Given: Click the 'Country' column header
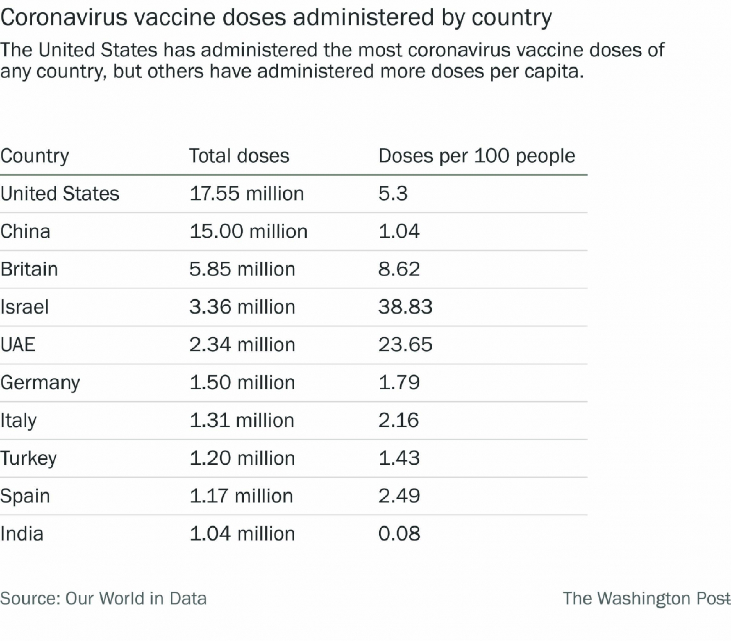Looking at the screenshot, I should click(x=34, y=156).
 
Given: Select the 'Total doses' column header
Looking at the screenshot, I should click(x=239, y=156).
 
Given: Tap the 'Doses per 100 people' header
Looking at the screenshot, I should click(x=477, y=156).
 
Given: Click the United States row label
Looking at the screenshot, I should click(x=60, y=193).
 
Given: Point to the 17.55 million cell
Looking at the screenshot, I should click(x=246, y=193).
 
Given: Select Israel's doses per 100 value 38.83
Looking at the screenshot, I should click(x=405, y=307).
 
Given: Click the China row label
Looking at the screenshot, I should click(x=25, y=231).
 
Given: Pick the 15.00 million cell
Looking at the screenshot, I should click(x=248, y=231).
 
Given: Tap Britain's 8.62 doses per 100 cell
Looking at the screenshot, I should click(x=399, y=269).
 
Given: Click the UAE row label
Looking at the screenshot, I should click(x=18, y=345).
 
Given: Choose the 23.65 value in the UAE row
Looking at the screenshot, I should click(x=405, y=345).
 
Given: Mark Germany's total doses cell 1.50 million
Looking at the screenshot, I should click(x=242, y=383).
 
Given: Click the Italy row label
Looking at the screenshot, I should click(x=18, y=420).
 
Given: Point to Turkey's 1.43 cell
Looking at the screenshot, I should click(x=399, y=458).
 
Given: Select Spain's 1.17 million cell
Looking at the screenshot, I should click(x=241, y=496).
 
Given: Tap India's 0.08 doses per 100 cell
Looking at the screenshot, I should click(x=399, y=534).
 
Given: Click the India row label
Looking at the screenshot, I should click(x=22, y=534).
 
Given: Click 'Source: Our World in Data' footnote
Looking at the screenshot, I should click(x=103, y=599).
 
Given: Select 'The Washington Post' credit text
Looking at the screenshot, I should click(x=646, y=599).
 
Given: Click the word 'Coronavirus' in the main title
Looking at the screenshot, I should click(x=63, y=17).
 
